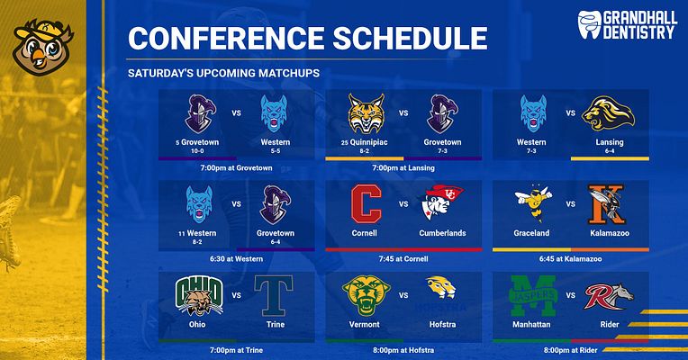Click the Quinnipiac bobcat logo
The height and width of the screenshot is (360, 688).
[366, 113]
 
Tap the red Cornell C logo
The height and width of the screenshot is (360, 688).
[366, 204]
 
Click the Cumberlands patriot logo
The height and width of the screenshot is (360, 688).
[441, 204]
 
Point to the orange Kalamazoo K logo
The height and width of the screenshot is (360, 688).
[609, 204]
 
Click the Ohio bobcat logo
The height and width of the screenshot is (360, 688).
[198, 294]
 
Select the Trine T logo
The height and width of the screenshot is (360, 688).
[275, 295]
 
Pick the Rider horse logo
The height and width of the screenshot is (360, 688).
[609, 295]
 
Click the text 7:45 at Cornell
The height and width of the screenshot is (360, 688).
[403, 258]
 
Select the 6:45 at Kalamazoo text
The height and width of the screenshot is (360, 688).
[571, 258]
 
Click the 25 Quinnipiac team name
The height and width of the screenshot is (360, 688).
[366, 142]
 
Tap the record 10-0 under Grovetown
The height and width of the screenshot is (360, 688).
[198, 151]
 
